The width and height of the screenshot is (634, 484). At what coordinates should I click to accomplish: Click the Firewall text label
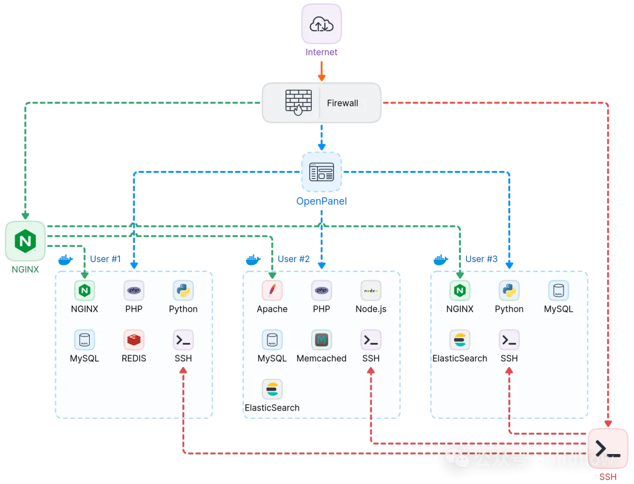coord(342,103)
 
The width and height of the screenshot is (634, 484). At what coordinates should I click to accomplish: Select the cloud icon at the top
coord(321,25)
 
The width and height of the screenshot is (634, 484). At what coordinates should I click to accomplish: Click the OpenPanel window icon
coord(321,172)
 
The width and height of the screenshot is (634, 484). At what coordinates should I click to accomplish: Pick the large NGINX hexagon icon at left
coord(25,241)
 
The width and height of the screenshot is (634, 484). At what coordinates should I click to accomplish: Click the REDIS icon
coord(134,340)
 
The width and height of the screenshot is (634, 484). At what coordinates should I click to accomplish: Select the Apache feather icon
coord(272,290)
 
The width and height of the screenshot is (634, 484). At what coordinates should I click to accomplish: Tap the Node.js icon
coord(371,290)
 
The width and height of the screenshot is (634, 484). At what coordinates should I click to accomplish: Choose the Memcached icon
coord(321,340)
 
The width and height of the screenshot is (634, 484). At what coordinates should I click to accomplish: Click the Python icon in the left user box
coord(183,290)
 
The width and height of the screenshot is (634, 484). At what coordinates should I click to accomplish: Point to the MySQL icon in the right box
coord(558,290)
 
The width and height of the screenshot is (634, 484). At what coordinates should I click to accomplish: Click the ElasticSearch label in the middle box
coord(272,408)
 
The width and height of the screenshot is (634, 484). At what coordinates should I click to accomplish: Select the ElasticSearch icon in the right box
coord(460,340)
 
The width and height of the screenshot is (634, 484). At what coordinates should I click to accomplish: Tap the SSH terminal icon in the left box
coord(183,340)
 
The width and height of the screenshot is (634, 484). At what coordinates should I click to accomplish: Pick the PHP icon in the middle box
coord(321,290)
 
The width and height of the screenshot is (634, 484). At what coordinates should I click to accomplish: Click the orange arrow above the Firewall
coord(321,73)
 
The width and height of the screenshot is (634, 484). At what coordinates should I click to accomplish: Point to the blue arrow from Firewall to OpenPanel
coord(321,138)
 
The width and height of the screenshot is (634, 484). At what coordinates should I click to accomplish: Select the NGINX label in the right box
coord(460,309)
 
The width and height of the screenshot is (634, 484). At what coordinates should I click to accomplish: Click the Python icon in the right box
coord(509,290)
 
